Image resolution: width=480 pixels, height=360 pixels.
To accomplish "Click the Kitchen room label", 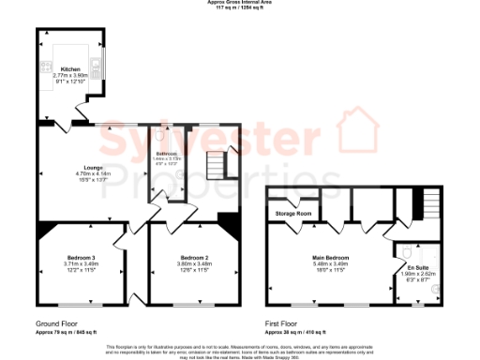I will click(x=71, y=68).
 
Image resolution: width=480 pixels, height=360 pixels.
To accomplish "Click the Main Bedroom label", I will click(x=328, y=255).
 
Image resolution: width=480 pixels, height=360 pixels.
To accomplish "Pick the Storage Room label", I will click(x=293, y=215).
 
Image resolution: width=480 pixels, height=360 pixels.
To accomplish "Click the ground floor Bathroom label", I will click(x=167, y=152).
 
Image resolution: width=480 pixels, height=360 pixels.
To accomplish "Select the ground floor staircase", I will click(x=217, y=166).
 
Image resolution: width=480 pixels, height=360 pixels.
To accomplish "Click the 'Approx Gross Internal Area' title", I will click(x=239, y=3).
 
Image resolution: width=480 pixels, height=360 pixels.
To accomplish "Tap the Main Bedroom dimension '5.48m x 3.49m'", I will click(x=328, y=262).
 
